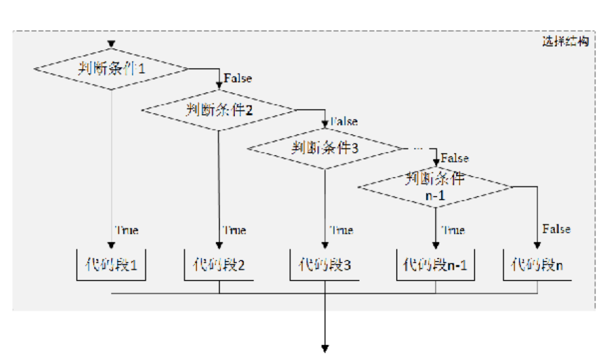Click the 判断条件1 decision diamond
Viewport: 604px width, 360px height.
[111, 69]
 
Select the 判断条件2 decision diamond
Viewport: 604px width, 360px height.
[219, 109]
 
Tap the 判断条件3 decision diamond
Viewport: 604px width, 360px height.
[325, 148]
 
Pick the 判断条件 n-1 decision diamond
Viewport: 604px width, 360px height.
[435, 187]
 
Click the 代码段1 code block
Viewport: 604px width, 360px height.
[111, 265]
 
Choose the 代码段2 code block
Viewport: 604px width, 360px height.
[219, 265]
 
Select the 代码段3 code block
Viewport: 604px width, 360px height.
[325, 265]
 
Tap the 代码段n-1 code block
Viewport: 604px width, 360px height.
[435, 265]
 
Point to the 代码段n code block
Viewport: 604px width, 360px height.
[537, 265]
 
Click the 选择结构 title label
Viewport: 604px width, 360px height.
[565, 41]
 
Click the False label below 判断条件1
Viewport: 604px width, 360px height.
[238, 79]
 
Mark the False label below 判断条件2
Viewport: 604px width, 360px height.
[344, 122]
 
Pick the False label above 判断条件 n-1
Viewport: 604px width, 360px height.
[454, 158]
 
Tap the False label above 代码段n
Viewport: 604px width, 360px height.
[556, 229]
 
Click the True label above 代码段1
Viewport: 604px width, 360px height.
[127, 230]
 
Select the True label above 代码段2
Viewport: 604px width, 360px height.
[234, 230]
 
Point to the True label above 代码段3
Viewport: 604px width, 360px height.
[341, 230]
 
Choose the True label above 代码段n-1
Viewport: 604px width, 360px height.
[453, 230]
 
